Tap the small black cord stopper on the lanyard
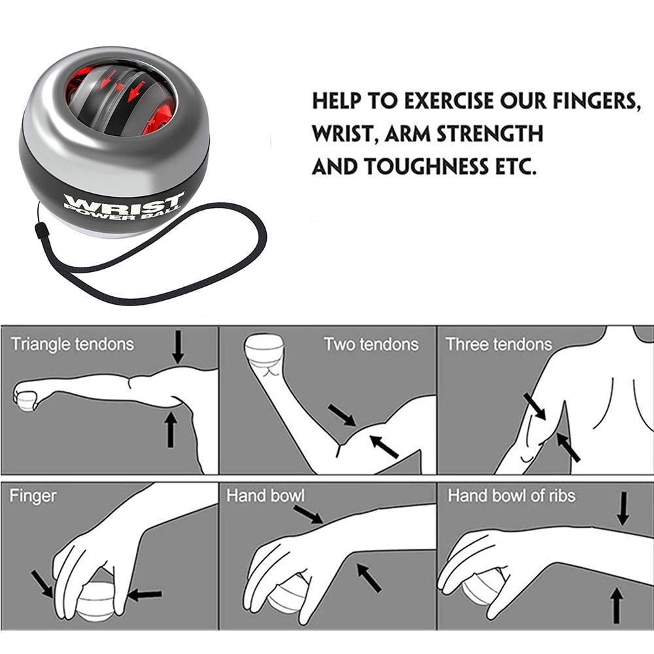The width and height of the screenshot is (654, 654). pyautogui.click(x=40, y=232)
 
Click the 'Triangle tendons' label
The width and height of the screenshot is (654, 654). pyautogui.click(x=72, y=344)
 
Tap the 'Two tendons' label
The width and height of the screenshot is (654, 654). pyautogui.click(x=371, y=344)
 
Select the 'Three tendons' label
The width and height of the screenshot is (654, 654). pyautogui.click(x=498, y=344)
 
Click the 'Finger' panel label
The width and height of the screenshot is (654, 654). pyautogui.click(x=33, y=496)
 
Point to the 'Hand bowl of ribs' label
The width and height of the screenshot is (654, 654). pyautogui.click(x=511, y=496)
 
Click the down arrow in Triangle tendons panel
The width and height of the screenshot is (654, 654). pyautogui.click(x=178, y=347)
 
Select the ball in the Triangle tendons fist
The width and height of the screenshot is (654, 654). pyautogui.click(x=26, y=399)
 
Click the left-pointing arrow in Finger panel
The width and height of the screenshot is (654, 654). pyautogui.click(x=145, y=594)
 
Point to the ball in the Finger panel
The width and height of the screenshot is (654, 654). pyautogui.click(x=95, y=598)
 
